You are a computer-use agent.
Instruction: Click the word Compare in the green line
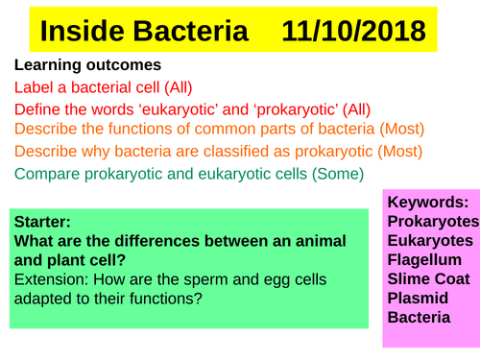[x=49, y=174]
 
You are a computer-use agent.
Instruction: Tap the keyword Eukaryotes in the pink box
[x=430, y=240]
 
